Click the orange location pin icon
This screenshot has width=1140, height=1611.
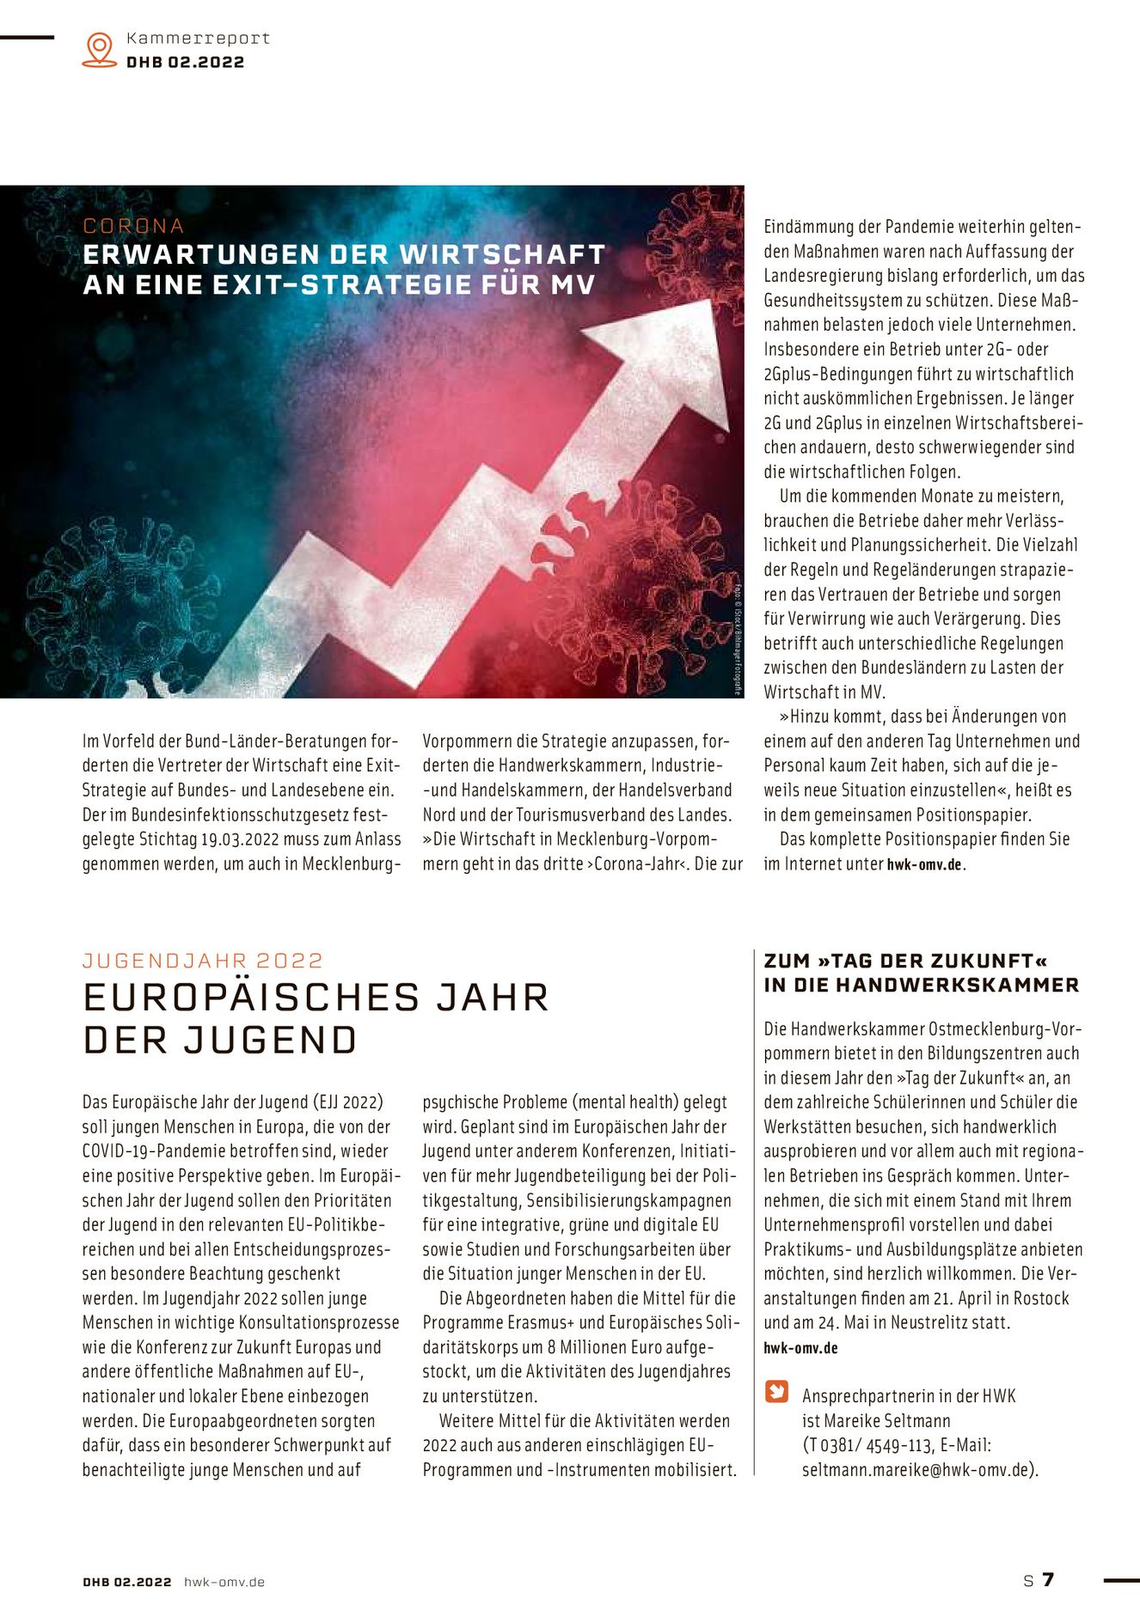tap(100, 49)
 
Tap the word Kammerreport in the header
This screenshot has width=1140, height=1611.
tap(198, 38)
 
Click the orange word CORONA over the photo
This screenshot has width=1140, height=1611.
tap(133, 226)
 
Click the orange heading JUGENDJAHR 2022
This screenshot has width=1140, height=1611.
tap(203, 961)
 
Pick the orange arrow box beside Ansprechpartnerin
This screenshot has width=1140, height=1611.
tap(776, 1391)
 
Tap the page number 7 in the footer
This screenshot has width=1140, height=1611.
tap(1047, 1579)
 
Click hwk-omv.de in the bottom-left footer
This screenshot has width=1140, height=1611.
tap(224, 1582)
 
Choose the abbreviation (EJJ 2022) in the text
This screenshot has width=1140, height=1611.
tap(348, 1101)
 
